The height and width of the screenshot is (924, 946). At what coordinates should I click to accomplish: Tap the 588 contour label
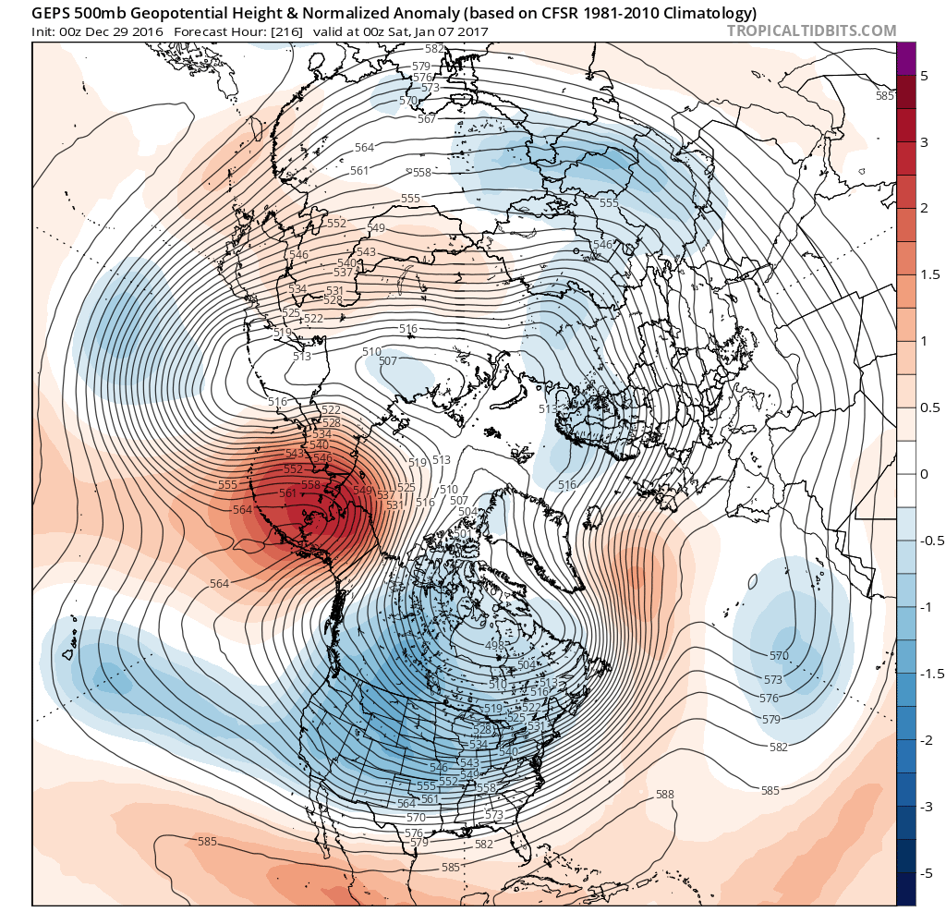click(664, 795)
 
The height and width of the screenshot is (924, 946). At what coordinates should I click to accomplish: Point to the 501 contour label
click(460, 533)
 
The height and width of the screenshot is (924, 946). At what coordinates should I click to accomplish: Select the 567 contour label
click(426, 119)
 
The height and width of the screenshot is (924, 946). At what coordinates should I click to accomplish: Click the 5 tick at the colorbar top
click(924, 76)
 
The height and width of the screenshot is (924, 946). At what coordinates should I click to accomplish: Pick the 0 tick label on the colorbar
click(924, 474)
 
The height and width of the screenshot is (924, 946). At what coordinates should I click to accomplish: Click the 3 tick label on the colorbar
click(924, 141)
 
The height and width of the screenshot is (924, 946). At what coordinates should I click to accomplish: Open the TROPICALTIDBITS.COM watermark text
click(811, 30)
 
